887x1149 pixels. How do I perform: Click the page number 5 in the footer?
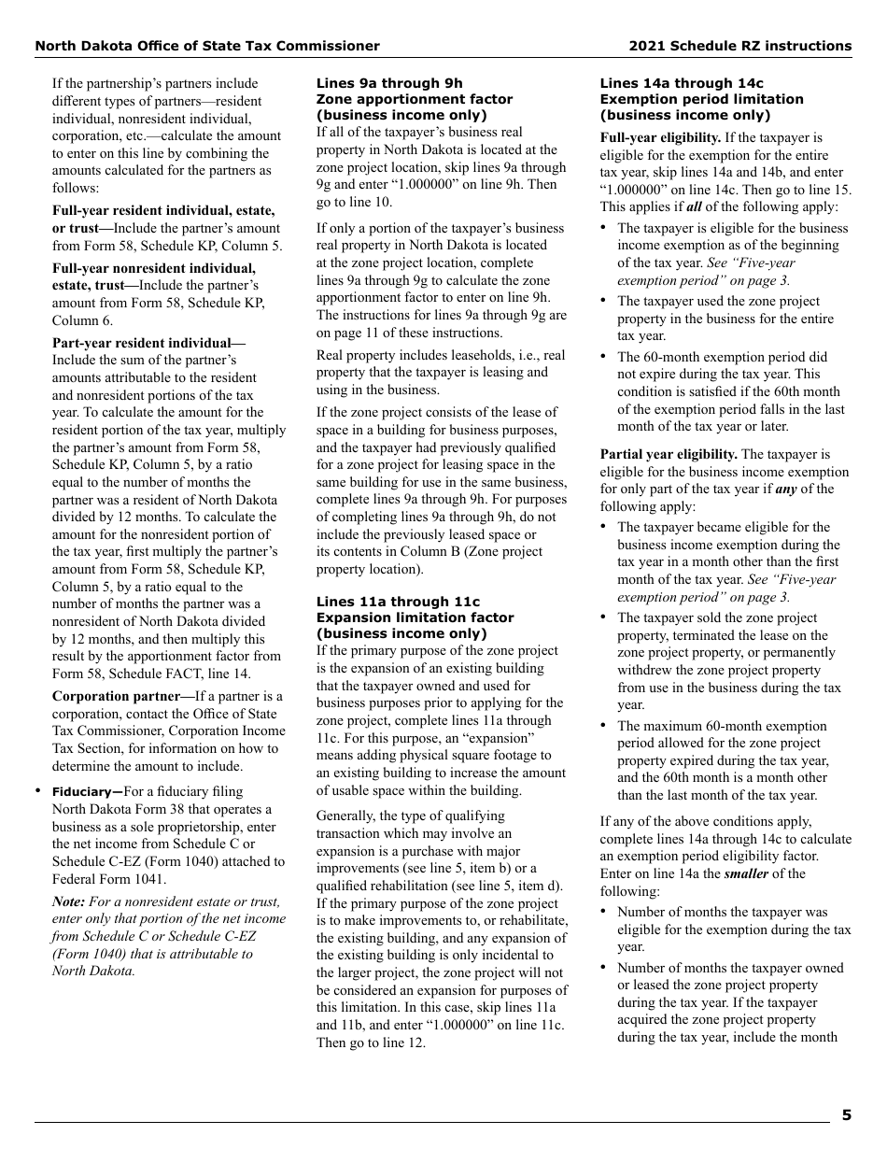coord(846,1114)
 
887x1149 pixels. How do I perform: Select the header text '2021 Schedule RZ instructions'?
coord(739,46)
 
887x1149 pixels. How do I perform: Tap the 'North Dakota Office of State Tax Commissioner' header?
coord(207,46)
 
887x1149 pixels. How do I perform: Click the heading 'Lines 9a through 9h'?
coord(389,83)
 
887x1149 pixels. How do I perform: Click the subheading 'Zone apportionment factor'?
coord(415,99)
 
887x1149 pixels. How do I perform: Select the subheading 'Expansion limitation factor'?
coord(415,617)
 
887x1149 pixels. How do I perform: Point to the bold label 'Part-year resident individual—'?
coord(148,343)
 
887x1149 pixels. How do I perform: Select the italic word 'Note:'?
coord(68,901)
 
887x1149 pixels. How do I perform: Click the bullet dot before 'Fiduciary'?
coord(38,791)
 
